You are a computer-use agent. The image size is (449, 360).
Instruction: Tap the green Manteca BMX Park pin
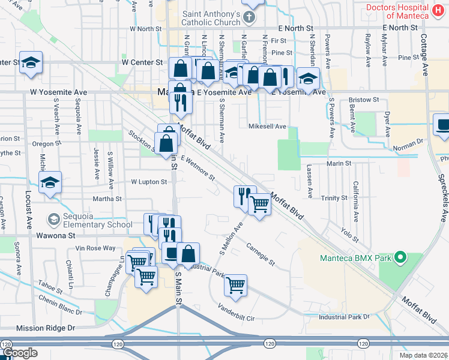tap(399, 259)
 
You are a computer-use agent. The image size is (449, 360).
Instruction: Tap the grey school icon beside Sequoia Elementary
tap(54, 220)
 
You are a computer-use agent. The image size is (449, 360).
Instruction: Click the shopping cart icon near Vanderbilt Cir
tap(235, 286)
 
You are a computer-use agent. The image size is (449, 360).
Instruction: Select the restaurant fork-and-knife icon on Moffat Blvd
tap(244, 196)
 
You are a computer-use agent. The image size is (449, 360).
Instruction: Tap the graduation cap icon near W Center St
tap(31, 63)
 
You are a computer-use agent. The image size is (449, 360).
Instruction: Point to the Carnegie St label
tap(260, 254)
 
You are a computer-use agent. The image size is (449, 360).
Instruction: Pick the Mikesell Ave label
tap(267, 127)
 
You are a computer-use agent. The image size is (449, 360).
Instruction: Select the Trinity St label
tap(334, 197)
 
